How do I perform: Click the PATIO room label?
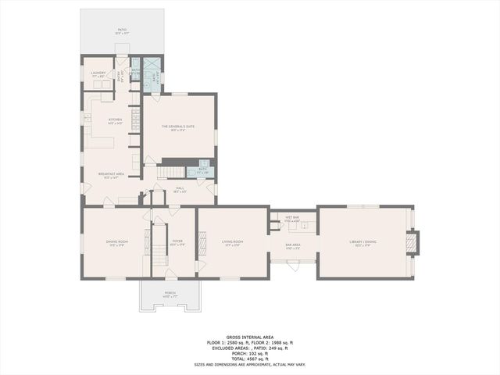122,30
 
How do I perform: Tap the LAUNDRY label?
98,73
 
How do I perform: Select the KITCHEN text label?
116,120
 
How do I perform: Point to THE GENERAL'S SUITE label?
177,126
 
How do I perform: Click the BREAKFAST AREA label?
111,174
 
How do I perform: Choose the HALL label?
180,188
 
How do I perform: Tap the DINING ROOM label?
116,242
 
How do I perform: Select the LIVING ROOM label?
232,242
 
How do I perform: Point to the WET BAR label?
293,220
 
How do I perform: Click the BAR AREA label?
293,245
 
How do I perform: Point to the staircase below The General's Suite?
172,172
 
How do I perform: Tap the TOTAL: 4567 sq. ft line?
250,357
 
